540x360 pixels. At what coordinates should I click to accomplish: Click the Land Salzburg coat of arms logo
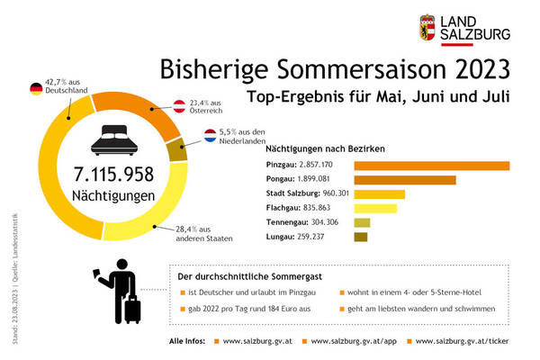pos(430,28)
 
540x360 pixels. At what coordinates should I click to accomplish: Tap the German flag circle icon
pos(35,88)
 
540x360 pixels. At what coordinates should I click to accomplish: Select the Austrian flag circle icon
pos(179,105)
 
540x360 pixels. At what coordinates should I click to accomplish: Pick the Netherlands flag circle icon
pos(209,137)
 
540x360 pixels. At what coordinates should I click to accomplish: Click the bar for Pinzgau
pos(432,166)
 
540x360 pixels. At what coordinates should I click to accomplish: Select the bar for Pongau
pos(405,180)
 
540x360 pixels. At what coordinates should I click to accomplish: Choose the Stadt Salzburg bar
pos(380,194)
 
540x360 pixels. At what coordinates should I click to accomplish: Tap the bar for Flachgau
pos(375,209)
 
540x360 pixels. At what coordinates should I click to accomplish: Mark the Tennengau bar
pos(362,223)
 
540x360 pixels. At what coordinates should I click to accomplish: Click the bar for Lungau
pos(361,238)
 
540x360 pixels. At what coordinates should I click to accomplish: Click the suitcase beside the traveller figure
pos(131,309)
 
